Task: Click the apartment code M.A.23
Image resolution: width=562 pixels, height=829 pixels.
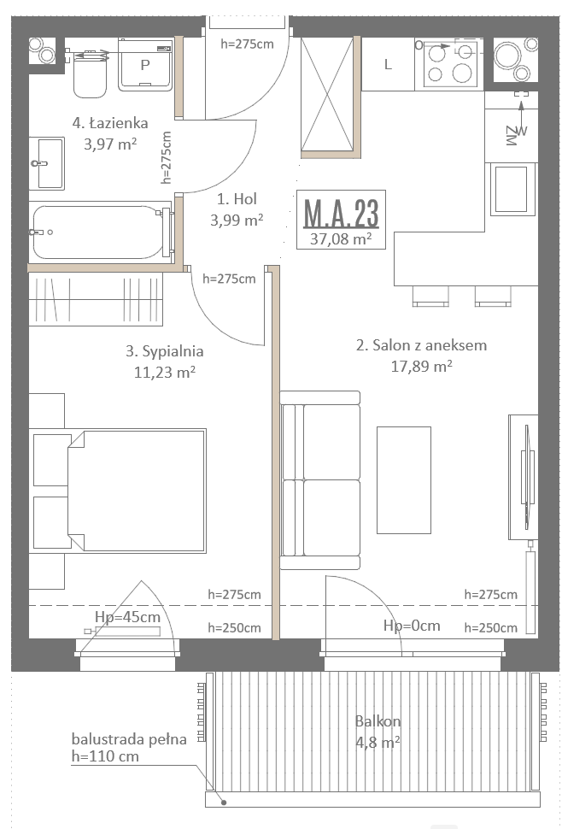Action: coord(342,213)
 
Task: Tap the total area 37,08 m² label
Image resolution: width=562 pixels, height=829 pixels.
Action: coord(341,239)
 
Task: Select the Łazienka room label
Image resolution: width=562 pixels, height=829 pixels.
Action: coord(110,123)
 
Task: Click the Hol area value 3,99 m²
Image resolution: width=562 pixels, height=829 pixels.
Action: coord(237,220)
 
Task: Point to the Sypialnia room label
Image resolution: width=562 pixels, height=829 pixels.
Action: coord(165,351)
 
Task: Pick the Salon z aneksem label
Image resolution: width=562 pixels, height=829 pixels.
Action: coord(422,345)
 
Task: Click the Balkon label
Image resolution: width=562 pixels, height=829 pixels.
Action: coord(378,721)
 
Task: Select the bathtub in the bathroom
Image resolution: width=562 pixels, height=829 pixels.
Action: coord(102,232)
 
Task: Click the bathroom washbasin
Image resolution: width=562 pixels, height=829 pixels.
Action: coord(46,163)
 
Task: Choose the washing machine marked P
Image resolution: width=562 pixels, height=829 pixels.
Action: coord(145,65)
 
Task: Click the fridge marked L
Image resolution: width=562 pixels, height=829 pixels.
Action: coord(389,64)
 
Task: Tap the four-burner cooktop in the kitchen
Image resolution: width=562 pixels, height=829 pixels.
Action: coord(449,64)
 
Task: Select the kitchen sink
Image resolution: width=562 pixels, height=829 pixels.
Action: coord(512,189)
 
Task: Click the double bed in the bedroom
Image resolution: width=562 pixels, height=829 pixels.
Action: coord(136,491)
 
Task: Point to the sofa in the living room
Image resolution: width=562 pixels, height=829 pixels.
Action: coord(320,480)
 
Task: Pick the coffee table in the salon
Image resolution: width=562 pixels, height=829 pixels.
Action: coord(403,480)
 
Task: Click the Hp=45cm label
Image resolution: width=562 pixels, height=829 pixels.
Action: coord(127,616)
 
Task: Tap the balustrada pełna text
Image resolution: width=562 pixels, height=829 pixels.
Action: coord(129,738)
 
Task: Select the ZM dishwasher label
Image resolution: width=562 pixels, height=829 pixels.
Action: coord(511,136)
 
